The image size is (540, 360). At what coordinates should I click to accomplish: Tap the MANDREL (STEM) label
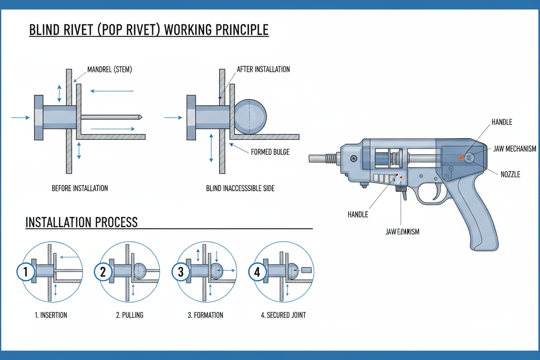[110, 69]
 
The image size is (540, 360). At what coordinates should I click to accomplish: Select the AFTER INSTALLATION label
[263, 69]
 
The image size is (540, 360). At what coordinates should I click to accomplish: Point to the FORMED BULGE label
[270, 152]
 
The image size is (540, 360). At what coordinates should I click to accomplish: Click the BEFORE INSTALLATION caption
[80, 188]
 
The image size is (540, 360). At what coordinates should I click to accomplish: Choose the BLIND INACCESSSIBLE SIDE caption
[240, 188]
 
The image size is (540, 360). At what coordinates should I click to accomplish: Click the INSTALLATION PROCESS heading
[81, 222]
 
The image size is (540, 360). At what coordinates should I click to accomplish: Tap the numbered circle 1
[26, 272]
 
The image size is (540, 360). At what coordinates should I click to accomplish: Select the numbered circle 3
[180, 272]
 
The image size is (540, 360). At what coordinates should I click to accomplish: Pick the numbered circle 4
[257, 272]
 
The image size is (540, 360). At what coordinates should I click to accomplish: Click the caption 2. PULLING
[129, 315]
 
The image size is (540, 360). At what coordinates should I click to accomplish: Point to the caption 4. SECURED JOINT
[283, 315]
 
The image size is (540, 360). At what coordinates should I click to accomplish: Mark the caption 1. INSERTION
[51, 315]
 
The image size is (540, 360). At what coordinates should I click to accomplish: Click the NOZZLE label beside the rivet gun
[510, 174]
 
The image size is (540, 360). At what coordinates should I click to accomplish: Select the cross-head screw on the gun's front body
[354, 158]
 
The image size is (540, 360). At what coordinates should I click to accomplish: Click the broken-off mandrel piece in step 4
[306, 270]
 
